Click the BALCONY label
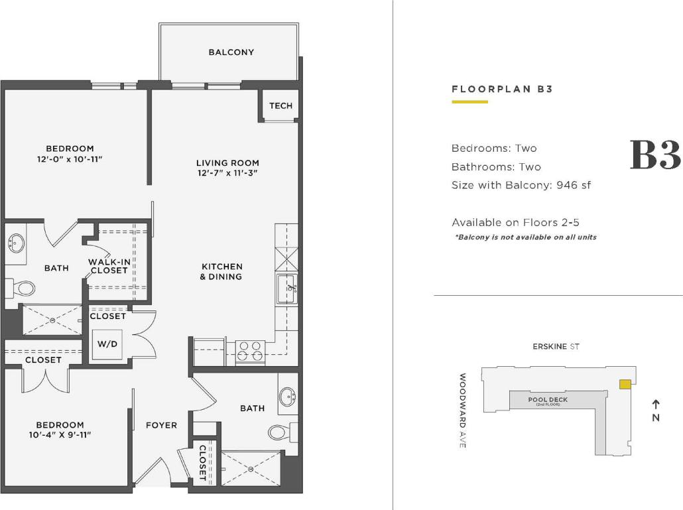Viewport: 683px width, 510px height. pos(231,52)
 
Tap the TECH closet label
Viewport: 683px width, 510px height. pos(280,106)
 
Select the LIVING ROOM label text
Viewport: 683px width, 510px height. pos(227,162)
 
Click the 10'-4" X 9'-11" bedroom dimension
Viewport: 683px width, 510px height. pos(60,435)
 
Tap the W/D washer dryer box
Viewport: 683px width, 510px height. pos(107,344)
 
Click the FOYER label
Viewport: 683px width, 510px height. pos(161,425)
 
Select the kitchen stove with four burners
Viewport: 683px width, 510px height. pos(251,351)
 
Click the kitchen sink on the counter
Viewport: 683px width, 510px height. pos(287,288)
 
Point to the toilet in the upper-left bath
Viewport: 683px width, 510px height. pos(23,288)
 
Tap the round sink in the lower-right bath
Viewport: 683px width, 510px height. pos(288,397)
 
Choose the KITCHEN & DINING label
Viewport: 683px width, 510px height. pos(221,271)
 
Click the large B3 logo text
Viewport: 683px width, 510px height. pos(654,155)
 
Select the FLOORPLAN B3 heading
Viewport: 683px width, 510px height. pos(502,89)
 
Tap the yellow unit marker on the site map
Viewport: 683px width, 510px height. pos(624,384)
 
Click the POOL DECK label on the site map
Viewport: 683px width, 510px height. pos(548,400)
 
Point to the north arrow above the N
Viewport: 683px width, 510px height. pos(656,404)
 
